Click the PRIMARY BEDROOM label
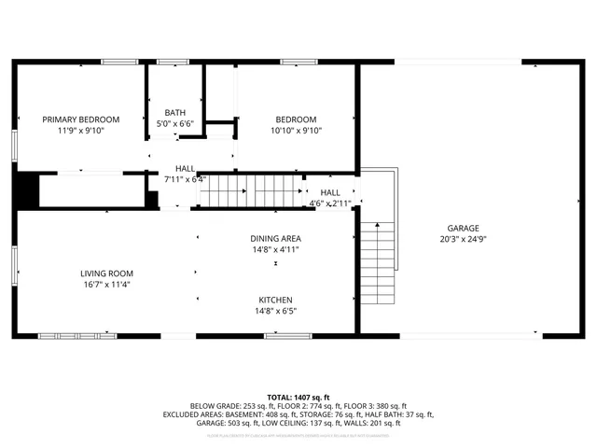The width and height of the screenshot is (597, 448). (x=81, y=119)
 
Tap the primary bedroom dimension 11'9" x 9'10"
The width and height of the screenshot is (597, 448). (x=81, y=132)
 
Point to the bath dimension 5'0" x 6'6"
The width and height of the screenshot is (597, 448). (x=175, y=124)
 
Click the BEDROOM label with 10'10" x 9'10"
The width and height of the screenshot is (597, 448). (x=296, y=119)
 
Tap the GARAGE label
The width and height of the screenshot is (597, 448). (x=463, y=228)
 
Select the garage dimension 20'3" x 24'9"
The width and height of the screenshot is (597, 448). (x=463, y=240)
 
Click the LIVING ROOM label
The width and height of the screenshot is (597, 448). (x=106, y=273)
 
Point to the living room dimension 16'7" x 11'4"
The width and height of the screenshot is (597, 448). (x=106, y=286)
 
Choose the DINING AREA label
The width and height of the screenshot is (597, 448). (x=275, y=238)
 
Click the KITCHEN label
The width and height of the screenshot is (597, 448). (x=275, y=300)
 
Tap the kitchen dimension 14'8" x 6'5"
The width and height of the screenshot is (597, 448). (x=275, y=312)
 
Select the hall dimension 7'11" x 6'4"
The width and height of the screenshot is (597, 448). (x=185, y=179)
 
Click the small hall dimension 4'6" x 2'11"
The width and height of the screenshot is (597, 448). (x=330, y=203)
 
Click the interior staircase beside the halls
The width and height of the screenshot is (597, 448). (x=246, y=192)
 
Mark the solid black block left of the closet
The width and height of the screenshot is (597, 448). (x=26, y=190)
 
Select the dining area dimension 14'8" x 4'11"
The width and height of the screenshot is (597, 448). (x=275, y=249)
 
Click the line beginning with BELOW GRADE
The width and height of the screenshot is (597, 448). (x=295, y=406)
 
